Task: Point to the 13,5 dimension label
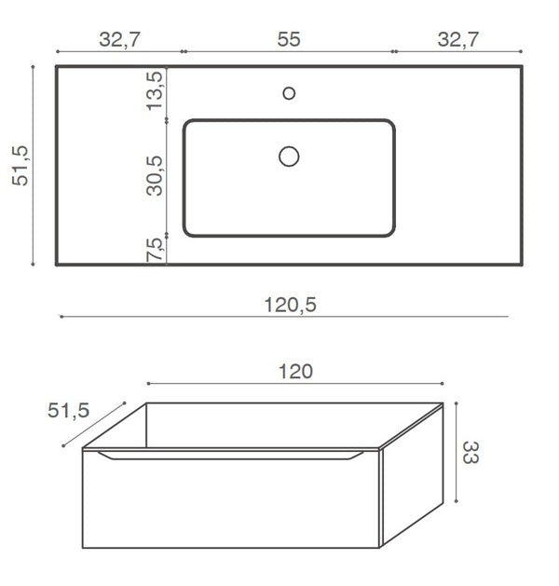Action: [x=156, y=90]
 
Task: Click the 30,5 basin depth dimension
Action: [x=156, y=174]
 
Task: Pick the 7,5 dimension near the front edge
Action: [x=156, y=248]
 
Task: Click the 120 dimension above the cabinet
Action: [x=295, y=372]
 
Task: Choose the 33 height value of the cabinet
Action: [x=470, y=453]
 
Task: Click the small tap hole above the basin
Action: [x=289, y=92]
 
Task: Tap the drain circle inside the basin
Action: [x=289, y=157]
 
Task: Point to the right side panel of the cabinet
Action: [x=412, y=484]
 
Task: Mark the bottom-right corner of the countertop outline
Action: [x=521, y=265]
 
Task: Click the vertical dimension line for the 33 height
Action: [x=457, y=454]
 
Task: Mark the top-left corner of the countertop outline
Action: [x=57, y=67]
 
